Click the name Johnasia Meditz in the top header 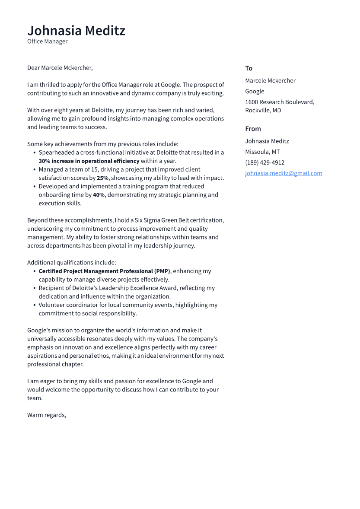76,31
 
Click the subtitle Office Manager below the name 47,41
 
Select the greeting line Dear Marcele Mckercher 60,68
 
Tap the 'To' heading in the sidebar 248,68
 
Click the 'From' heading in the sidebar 253,129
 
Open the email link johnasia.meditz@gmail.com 284,173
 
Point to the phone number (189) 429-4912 264,162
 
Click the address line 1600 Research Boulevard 280,102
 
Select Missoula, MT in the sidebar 262,152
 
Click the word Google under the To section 255,91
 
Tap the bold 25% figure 102,178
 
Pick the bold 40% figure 99,195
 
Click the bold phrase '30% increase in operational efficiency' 89,161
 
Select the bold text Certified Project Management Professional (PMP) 104,271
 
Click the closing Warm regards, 47,415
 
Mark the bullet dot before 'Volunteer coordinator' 35,305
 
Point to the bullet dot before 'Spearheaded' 35,153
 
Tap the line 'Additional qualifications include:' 71,263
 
